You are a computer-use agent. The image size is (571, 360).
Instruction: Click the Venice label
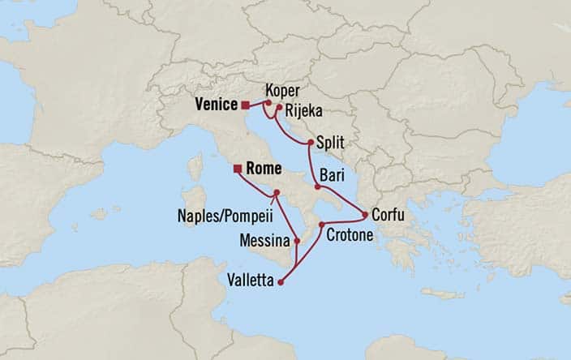pos(216,104)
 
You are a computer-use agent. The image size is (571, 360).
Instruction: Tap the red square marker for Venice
pos(245,104)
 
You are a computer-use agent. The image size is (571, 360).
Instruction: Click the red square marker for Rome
pos(237,169)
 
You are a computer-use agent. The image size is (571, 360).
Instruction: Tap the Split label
pos(332,141)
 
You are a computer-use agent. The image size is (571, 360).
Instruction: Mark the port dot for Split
pos(311,143)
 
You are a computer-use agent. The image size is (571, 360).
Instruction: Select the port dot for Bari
pos(318,186)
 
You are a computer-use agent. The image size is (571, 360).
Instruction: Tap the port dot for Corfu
pos(366,215)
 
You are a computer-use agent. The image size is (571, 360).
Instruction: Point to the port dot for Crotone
pos(322,224)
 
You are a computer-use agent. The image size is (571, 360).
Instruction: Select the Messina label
pos(265,241)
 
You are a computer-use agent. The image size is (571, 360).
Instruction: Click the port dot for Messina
pos(298,241)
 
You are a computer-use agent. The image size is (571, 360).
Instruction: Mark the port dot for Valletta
pos(281,282)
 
